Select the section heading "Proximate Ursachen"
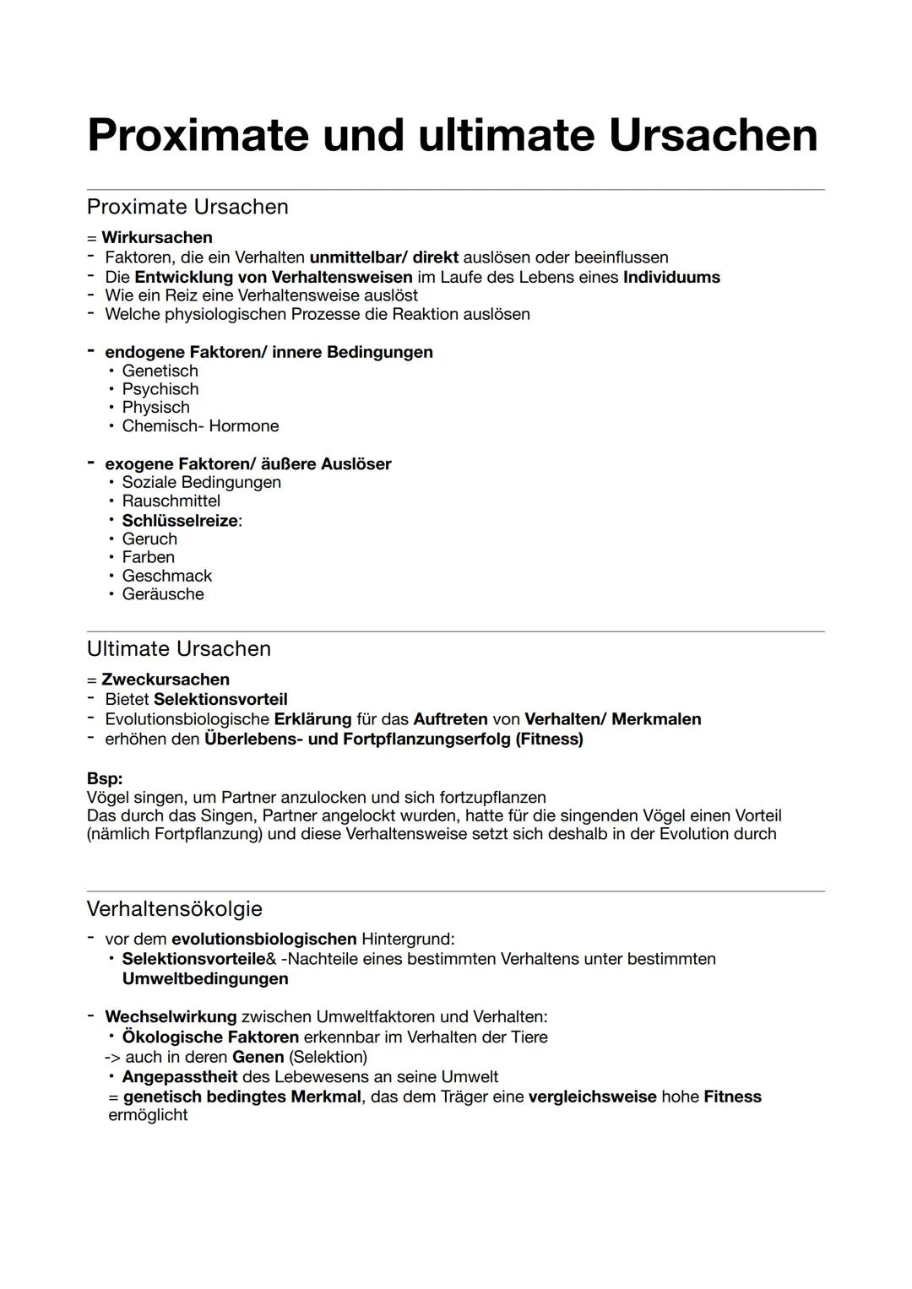pyautogui.click(x=187, y=207)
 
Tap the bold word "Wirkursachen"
pyautogui.click(x=156, y=237)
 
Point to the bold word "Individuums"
pyautogui.click(x=671, y=277)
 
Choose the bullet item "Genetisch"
pyautogui.click(x=160, y=371)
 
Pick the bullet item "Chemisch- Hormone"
pyautogui.click(x=200, y=425)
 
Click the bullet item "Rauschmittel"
pyautogui.click(x=171, y=501)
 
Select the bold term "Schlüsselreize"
pyautogui.click(x=179, y=520)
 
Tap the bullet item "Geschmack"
pyautogui.click(x=166, y=576)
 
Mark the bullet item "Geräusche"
pyautogui.click(x=163, y=594)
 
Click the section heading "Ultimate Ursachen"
pyautogui.click(x=179, y=648)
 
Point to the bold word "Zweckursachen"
pyautogui.click(x=165, y=680)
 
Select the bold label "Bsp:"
pyautogui.click(x=105, y=778)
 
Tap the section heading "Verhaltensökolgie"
pyautogui.click(x=175, y=908)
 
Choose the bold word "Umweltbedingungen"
pyautogui.click(x=205, y=978)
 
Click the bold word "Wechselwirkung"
pyautogui.click(x=171, y=1016)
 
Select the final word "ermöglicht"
pyautogui.click(x=148, y=1115)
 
